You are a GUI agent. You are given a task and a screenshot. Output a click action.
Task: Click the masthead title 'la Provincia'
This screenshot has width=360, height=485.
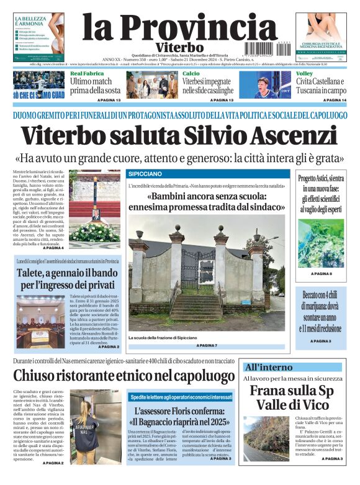(x=171, y=28)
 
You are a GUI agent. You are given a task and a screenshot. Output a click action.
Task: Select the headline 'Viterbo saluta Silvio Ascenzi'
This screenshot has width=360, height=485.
(x=179, y=137)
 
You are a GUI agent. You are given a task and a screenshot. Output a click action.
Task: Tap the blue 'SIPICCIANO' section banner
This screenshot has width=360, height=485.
(x=145, y=174)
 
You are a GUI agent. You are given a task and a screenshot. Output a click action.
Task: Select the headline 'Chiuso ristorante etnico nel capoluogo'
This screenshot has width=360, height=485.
(x=124, y=375)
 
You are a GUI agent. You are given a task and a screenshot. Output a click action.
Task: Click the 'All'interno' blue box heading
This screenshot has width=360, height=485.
(x=268, y=367)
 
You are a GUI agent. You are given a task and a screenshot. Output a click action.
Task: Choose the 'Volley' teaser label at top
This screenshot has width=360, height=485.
(x=304, y=74)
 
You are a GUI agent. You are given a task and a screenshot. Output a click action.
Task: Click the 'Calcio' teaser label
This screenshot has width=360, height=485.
(x=191, y=74)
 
